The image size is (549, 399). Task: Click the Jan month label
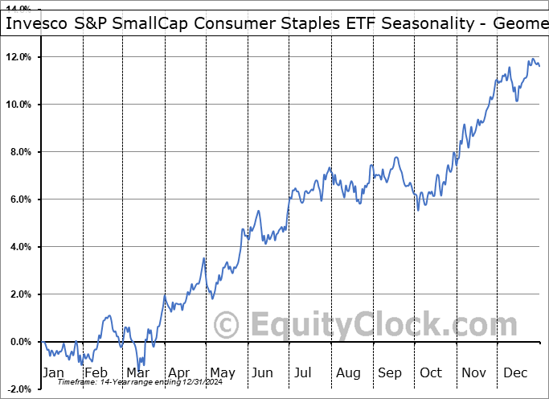point(52,372)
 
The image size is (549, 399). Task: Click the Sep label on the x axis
point(391,372)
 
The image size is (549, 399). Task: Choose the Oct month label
point(431,372)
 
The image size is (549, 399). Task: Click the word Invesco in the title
point(37,24)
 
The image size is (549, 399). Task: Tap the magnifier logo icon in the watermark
point(227,326)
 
